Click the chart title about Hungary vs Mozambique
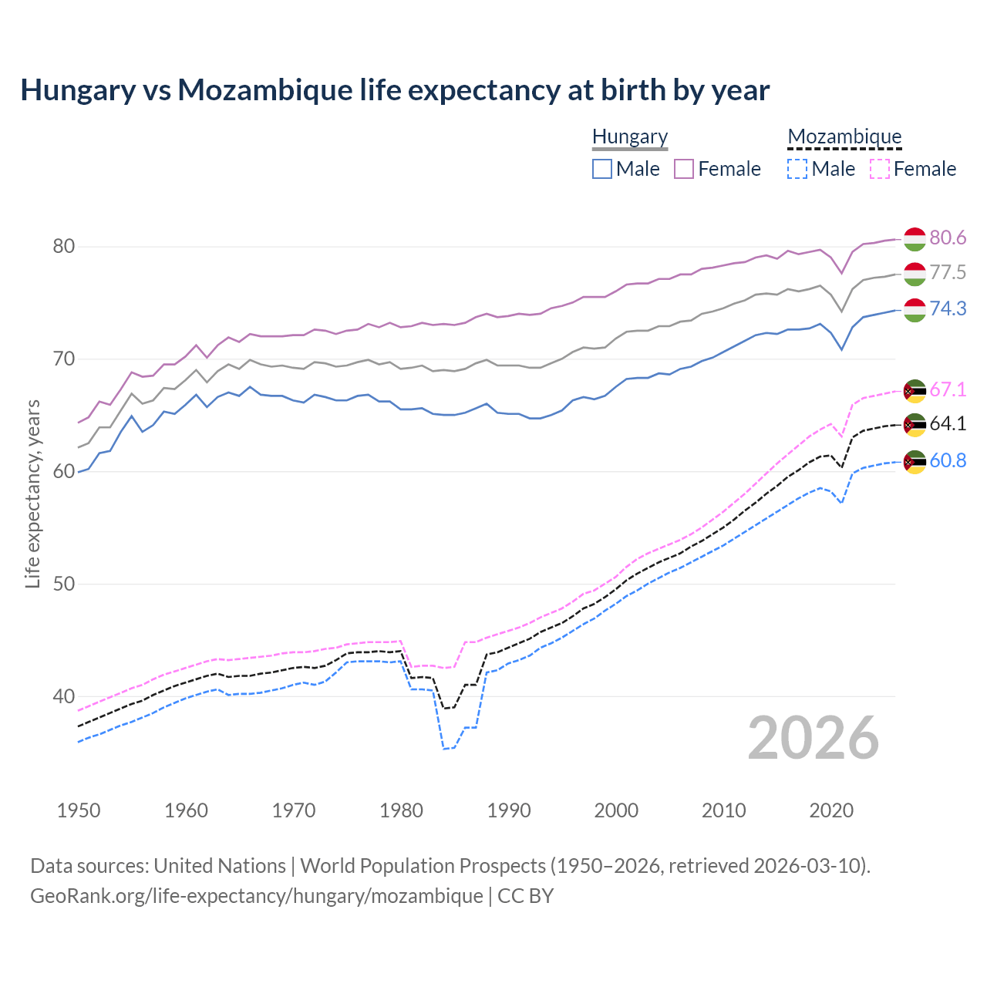click(x=395, y=90)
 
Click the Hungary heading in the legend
click(x=630, y=136)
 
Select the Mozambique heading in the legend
click(x=844, y=136)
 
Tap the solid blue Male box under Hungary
click(x=602, y=169)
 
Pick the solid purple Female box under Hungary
click(x=684, y=169)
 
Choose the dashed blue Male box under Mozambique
click(x=797, y=169)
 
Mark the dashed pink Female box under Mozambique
click(x=880, y=169)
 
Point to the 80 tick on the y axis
click(x=63, y=247)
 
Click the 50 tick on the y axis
click(x=63, y=584)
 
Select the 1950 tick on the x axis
click(x=79, y=810)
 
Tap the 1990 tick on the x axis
click(x=509, y=810)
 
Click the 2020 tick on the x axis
click(x=831, y=810)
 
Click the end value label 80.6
click(x=948, y=237)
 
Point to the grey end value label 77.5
click(x=948, y=273)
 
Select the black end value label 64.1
click(x=948, y=423)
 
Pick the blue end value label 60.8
click(x=948, y=460)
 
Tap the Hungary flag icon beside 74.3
click(x=915, y=310)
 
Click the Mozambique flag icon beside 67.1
click(x=915, y=391)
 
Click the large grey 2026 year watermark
click(x=814, y=739)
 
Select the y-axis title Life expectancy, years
click(x=32, y=493)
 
